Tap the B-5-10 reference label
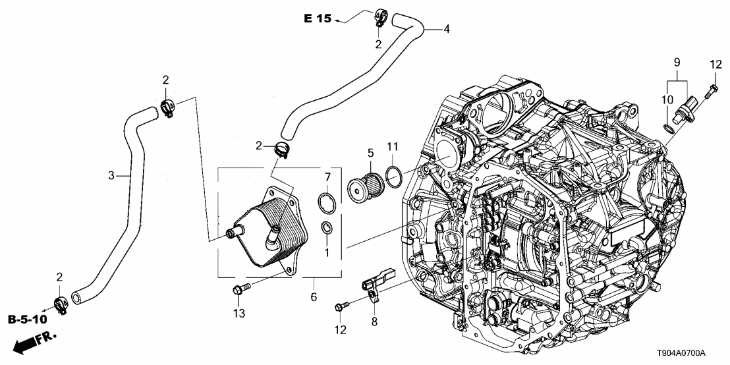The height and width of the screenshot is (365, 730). [28, 320]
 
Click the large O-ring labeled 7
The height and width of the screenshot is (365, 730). [326, 202]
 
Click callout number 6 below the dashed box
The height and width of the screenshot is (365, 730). [314, 297]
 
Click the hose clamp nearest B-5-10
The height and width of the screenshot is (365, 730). [59, 304]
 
